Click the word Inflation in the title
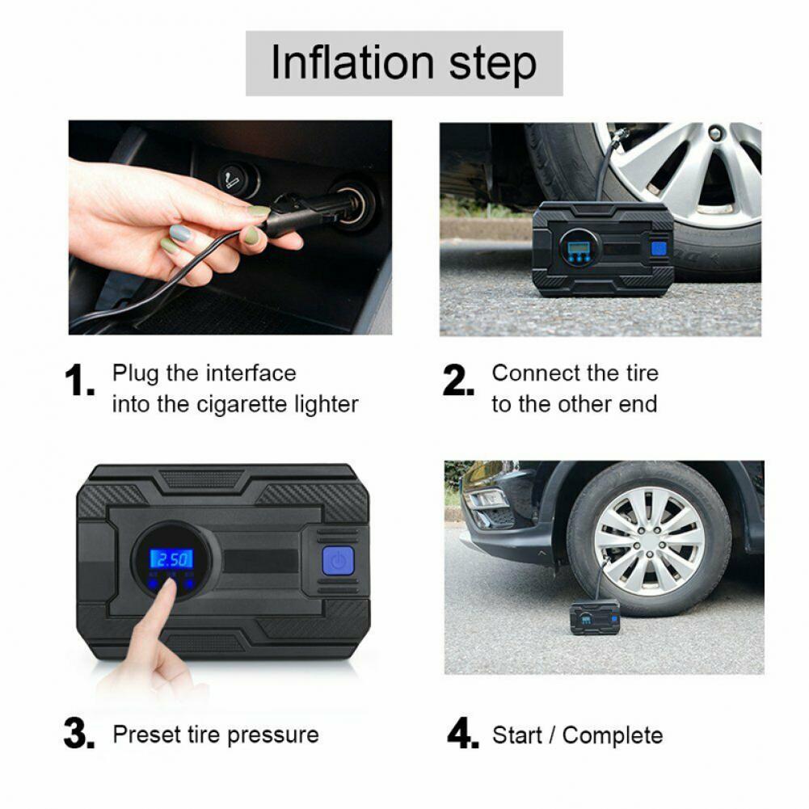point(352,62)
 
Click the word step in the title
point(493,65)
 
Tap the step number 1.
point(79,381)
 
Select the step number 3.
point(79,733)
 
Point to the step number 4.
point(463,733)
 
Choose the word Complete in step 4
point(613,735)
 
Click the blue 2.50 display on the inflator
point(172,558)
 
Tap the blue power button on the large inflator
point(338,561)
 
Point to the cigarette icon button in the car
point(238,180)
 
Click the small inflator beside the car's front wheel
point(594,617)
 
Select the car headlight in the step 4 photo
point(486,499)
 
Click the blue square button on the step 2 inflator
point(659,249)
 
